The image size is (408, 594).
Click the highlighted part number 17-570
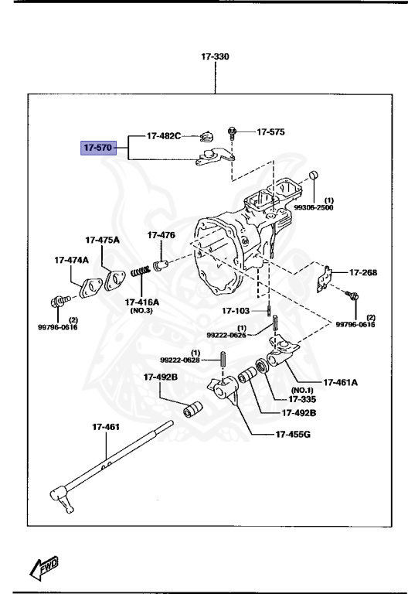click(98, 147)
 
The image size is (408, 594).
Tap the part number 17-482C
click(164, 136)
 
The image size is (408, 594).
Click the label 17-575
click(270, 132)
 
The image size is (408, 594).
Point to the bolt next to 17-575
click(231, 132)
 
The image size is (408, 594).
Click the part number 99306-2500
click(312, 207)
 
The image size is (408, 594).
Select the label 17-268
click(363, 272)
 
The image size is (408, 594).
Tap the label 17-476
click(161, 234)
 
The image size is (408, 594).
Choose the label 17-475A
click(102, 240)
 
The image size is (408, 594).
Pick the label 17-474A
click(71, 260)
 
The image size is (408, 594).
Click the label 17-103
click(236, 311)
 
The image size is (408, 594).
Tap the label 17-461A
click(341, 381)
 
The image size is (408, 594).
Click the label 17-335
click(303, 399)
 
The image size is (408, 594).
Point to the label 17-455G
click(293, 435)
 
